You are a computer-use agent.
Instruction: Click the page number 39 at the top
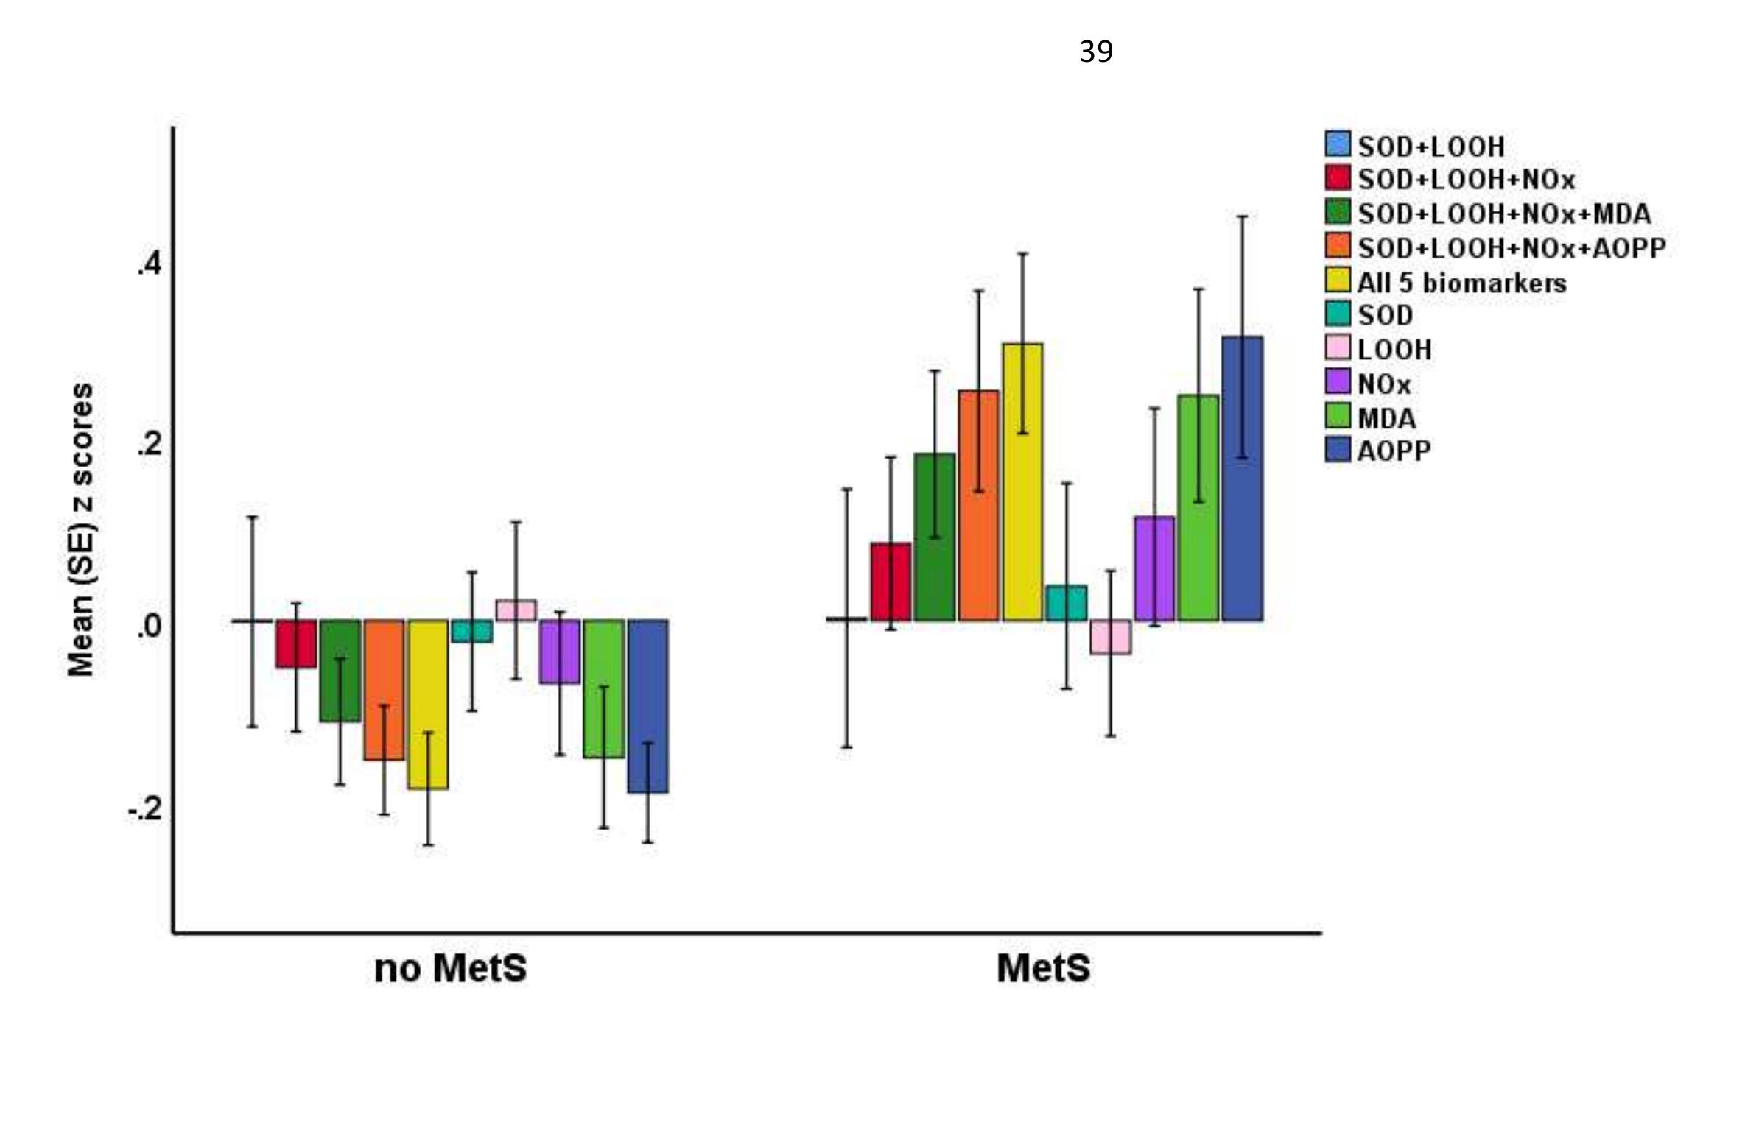[1095, 52]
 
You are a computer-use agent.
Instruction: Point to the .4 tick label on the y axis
[149, 264]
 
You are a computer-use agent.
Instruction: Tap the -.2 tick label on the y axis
[144, 808]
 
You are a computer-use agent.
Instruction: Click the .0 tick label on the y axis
[149, 626]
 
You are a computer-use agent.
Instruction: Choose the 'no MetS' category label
[450, 969]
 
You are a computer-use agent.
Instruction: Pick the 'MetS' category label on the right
[1042, 968]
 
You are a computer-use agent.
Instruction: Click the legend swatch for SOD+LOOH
[1338, 144]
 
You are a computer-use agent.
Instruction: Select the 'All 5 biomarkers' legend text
[1461, 283]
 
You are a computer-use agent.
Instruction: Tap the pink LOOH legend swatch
[1338, 347]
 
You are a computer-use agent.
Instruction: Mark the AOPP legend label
[1394, 451]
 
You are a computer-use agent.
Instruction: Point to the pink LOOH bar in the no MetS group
[516, 610]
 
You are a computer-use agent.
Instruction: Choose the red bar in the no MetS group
[296, 643]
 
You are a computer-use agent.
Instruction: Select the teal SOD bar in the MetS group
[1067, 603]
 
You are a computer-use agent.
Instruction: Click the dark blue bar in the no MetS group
[647, 706]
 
